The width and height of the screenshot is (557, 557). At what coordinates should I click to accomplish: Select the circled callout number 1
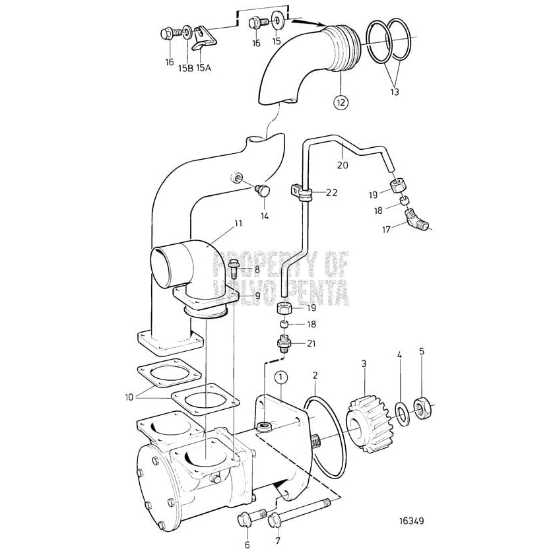281,377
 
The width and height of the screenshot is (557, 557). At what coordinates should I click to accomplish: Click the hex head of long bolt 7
276,522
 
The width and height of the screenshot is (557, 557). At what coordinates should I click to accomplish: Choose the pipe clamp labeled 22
301,193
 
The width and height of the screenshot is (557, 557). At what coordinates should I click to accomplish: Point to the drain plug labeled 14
263,192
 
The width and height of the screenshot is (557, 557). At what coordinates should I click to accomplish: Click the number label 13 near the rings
394,92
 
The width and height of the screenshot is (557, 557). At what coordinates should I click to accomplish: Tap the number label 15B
185,66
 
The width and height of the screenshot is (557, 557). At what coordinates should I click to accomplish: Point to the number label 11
238,224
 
